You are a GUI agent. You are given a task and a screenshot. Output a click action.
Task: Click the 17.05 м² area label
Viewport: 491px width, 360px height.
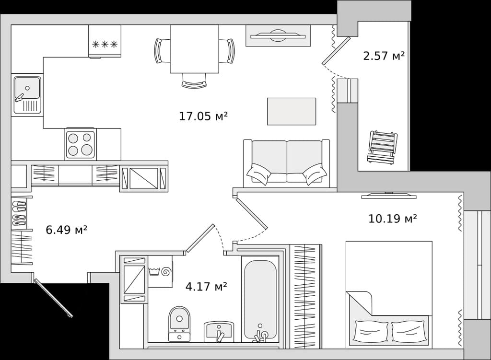203,116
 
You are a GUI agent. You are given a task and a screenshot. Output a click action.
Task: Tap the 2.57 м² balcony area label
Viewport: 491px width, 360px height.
384,56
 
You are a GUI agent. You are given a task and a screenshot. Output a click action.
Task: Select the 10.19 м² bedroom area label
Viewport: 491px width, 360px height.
392,218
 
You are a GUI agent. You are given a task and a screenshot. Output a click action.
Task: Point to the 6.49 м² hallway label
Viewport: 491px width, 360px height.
66,230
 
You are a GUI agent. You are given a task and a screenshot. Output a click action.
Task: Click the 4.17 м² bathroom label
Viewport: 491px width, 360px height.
206,286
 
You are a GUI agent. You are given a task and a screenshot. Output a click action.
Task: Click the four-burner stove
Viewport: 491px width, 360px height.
80,144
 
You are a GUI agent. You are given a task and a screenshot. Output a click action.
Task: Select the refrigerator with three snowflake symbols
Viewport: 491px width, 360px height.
105,41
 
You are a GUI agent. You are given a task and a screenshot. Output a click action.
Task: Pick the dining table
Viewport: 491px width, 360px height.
195,49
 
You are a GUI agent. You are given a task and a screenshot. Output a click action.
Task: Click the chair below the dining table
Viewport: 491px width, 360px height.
194,81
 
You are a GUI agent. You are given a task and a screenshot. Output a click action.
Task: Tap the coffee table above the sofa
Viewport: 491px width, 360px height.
291,111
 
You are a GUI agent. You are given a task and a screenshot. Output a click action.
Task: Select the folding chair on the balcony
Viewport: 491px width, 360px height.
382,147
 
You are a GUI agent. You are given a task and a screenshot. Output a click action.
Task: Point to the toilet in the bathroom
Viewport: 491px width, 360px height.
179,324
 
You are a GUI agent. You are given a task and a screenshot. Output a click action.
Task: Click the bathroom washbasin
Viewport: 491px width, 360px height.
219,332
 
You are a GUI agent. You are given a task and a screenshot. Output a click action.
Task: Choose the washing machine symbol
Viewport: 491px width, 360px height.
160,271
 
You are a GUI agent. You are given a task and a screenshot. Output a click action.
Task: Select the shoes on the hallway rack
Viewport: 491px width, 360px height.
19,214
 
